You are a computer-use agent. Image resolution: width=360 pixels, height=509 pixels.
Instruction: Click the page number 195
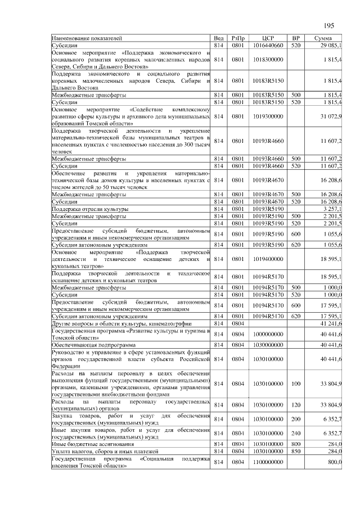329,26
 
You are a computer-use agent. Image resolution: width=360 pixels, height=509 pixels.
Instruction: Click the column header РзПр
238,38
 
